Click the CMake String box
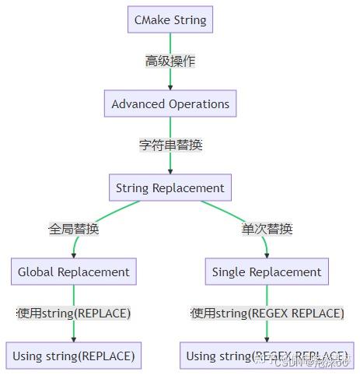[170, 19]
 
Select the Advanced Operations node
[170, 103]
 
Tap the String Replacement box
[170, 187]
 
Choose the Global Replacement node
[74, 272]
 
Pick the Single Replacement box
[267, 272]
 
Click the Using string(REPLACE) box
[74, 356]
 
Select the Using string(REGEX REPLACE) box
[267, 356]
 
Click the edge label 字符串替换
[170, 145]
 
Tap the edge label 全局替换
[74, 229]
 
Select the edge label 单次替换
[267, 229]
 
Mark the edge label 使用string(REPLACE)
[74, 314]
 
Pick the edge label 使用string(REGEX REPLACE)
[267, 314]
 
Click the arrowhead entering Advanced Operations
[170, 86]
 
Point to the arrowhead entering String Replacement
[170, 170]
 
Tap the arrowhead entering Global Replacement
[74, 254]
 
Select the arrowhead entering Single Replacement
[267, 254]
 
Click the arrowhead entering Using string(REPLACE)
[74, 338]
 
